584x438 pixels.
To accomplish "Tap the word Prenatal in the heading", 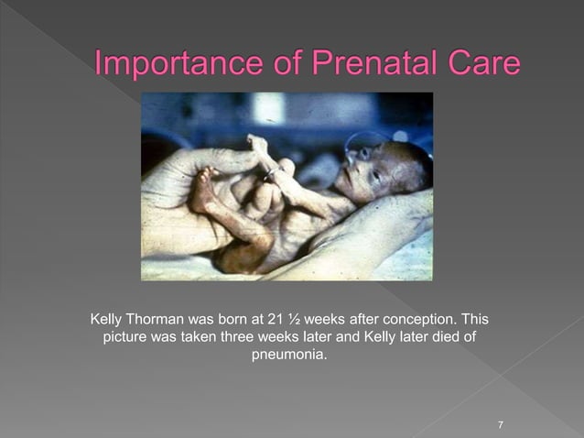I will tap(368, 65).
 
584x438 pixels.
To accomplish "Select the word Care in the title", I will tap(483, 65).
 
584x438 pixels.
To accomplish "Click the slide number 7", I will tap(501, 424).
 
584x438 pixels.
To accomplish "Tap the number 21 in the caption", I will tap(272, 320).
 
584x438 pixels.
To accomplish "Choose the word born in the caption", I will tap(234, 320).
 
